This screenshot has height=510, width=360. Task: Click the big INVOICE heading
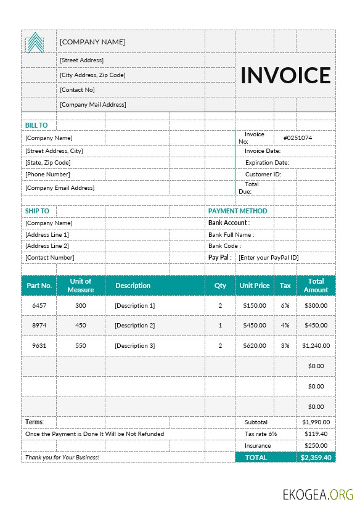tap(285, 75)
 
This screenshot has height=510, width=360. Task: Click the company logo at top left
tap(36, 43)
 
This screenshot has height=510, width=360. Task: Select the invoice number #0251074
tap(297, 138)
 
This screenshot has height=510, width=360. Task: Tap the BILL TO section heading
tap(36, 125)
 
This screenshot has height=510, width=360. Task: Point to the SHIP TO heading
tap(37, 211)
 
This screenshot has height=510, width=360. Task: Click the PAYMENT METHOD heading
tap(237, 211)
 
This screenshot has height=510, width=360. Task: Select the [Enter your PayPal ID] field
tap(268, 257)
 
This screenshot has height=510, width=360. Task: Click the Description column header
tap(133, 286)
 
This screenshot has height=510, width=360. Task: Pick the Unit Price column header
tap(254, 286)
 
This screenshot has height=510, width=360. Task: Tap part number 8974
tap(39, 326)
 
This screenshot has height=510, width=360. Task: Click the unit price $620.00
tap(254, 346)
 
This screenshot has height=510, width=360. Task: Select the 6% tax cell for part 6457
tap(285, 305)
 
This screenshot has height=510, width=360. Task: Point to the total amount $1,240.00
tap(316, 346)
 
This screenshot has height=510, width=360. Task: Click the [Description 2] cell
tap(134, 326)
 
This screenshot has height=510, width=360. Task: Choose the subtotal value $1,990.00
tap(316, 422)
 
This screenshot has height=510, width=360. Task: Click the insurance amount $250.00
tap(316, 445)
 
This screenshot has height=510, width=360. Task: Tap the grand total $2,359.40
tap(316, 458)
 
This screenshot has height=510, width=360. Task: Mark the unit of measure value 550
tap(81, 346)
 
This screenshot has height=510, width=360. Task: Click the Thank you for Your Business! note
tap(62, 458)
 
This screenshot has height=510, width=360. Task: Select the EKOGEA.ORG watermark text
tap(317, 494)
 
